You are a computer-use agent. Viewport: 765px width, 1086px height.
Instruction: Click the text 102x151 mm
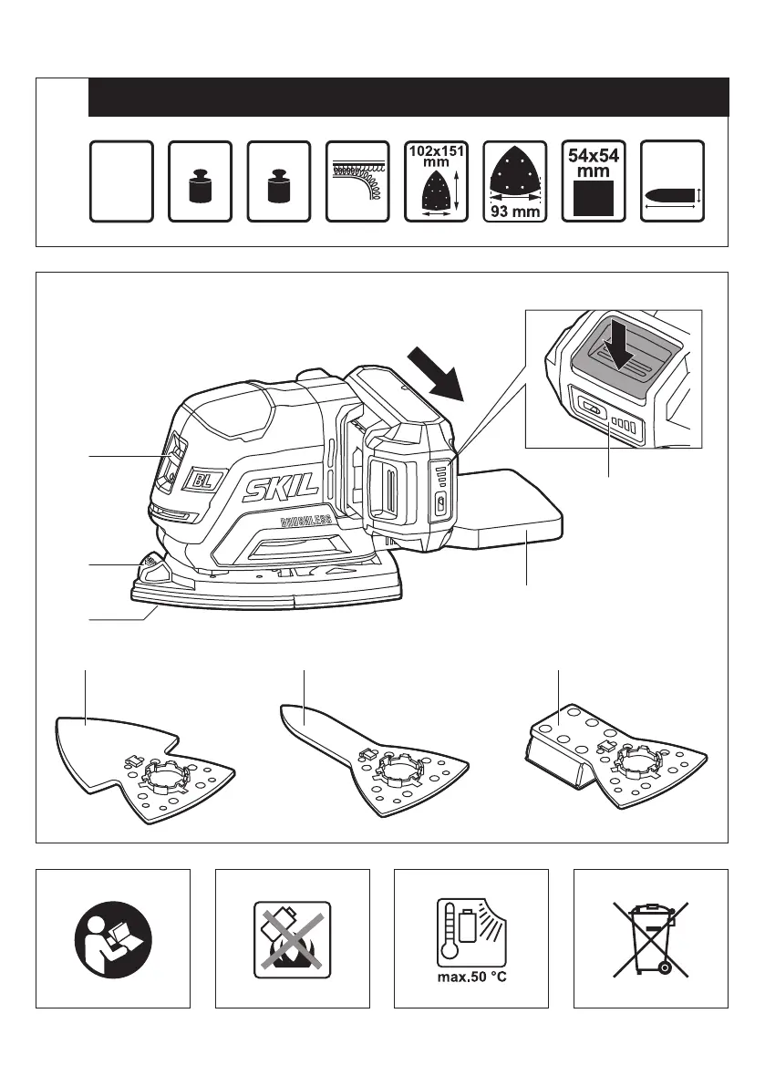pos(434,155)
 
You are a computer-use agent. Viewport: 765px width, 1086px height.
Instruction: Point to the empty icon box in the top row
pos(120,181)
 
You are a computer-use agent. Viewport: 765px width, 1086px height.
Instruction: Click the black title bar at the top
pos(408,97)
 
